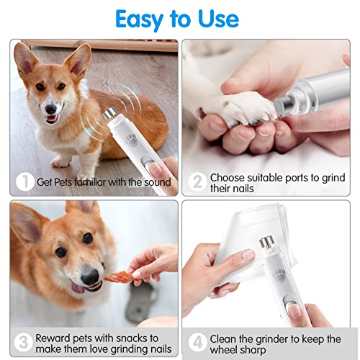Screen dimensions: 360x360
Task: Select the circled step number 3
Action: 24,341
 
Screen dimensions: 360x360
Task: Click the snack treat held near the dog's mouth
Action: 117,276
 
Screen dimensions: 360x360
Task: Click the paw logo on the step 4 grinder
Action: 279,274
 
